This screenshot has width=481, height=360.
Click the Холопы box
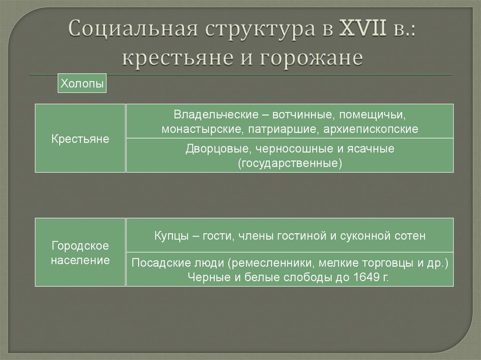pyautogui.click(x=82, y=84)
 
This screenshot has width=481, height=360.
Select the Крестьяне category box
pyautogui.click(x=80, y=138)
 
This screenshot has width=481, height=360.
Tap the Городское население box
pyautogui.click(x=80, y=253)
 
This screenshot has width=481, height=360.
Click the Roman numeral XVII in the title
pyautogui.click(x=362, y=31)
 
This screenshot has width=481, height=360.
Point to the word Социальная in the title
pyautogui.click(x=132, y=31)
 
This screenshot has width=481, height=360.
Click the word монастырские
pyautogui.click(x=201, y=129)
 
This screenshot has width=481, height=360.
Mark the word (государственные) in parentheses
pyautogui.click(x=289, y=164)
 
